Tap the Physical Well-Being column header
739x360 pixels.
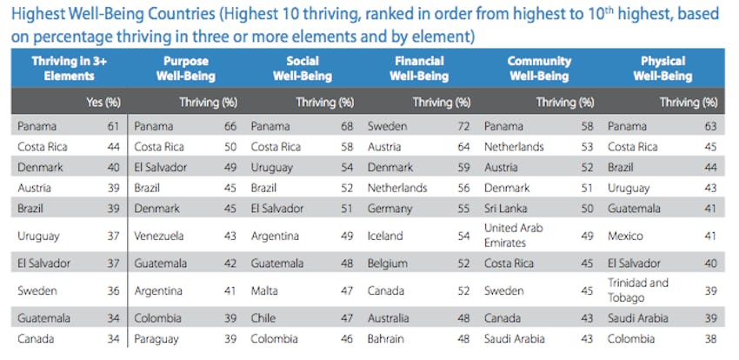pos(663,69)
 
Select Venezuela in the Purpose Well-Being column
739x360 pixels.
pos(159,236)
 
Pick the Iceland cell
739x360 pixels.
pos(385,236)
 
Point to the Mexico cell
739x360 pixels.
pos(624,236)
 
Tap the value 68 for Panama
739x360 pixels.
pos(345,126)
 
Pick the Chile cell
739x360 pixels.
pos(263,319)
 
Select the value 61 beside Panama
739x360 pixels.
pos(112,126)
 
